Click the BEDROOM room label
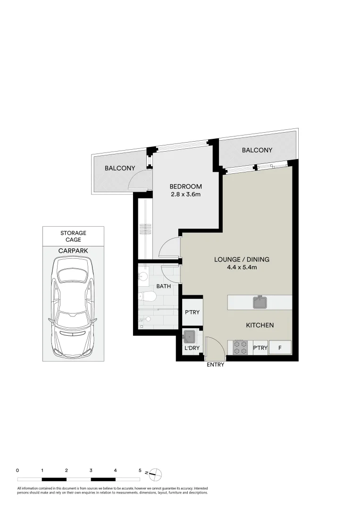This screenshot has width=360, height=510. (x=185, y=186)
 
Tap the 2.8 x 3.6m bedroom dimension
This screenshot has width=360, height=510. (x=185, y=194)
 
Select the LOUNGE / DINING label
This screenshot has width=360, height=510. (x=242, y=259)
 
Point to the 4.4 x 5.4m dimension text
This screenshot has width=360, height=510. (x=242, y=267)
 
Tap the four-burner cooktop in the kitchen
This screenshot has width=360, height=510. (x=240, y=348)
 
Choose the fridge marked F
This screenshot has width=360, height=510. (x=280, y=348)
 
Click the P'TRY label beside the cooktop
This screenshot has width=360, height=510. (x=260, y=348)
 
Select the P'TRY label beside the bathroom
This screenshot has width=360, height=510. (x=192, y=313)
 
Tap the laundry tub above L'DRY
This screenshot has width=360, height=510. (x=190, y=337)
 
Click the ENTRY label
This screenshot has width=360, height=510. (x=215, y=365)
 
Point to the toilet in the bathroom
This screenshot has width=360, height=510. (x=148, y=297)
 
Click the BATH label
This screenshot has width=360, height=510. (x=163, y=286)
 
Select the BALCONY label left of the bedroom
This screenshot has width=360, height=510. (x=120, y=168)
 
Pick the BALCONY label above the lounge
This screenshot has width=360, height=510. (x=257, y=150)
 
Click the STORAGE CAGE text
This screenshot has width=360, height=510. (x=73, y=236)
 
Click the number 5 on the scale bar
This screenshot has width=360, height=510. (x=140, y=470)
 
